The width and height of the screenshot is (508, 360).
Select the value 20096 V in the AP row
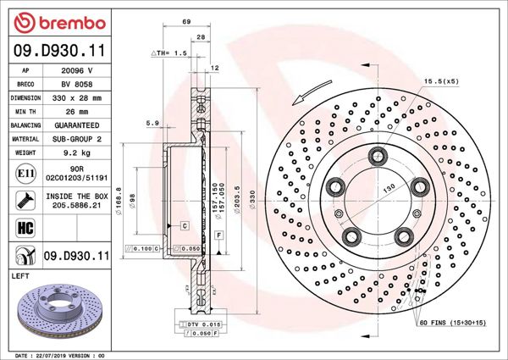click(x=79, y=72)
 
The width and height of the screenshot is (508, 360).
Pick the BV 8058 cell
click(x=79, y=85)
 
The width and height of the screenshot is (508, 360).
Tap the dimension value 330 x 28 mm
click(x=79, y=97)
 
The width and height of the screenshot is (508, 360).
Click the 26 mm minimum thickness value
click(x=79, y=111)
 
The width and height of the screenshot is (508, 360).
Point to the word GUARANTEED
click(x=79, y=124)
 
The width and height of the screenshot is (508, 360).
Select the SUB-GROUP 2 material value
click(x=79, y=137)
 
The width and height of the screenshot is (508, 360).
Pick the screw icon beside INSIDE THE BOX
click(x=25, y=200)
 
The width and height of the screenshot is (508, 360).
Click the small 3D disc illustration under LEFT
click(x=59, y=309)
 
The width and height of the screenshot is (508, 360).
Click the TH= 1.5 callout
click(x=168, y=53)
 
